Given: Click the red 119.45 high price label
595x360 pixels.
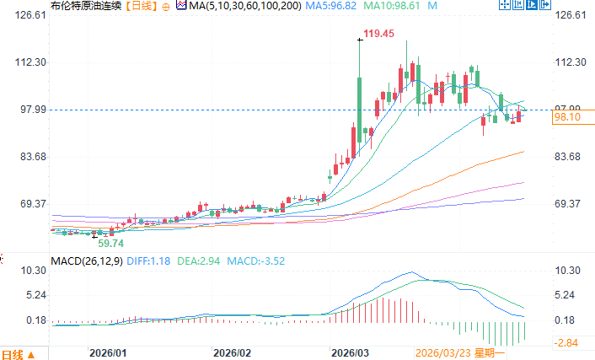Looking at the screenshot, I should click(x=378, y=34).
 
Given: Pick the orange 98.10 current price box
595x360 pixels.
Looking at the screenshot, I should click(x=566, y=119).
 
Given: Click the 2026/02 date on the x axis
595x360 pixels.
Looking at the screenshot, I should click(x=233, y=352).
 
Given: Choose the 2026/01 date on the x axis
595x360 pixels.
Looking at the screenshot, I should click(x=109, y=352).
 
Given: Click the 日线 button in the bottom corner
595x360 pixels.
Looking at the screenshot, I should click(x=19, y=353).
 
